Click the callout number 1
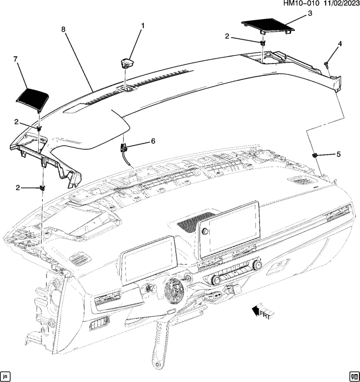pyautogui.click(x=143, y=26)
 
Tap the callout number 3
pyautogui.click(x=309, y=14)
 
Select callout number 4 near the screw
pyautogui.click(x=340, y=44)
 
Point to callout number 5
pyautogui.click(x=338, y=154)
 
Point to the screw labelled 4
pyautogui.click(x=327, y=66)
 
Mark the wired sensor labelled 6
pyautogui.click(x=124, y=149)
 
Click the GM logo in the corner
pyautogui.click(x=353, y=375)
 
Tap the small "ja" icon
pyautogui.click(x=6, y=375)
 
